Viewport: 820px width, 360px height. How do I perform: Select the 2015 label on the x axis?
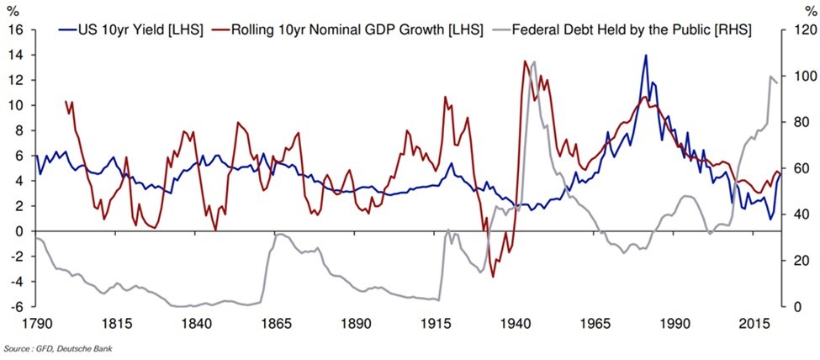click(x=755, y=323)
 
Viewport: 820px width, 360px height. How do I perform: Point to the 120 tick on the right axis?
click(x=802, y=29)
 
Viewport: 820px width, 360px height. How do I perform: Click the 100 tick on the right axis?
click(x=802, y=76)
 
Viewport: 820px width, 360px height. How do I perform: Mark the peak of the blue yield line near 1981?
click(x=645, y=56)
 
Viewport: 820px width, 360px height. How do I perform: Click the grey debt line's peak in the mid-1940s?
click(x=533, y=61)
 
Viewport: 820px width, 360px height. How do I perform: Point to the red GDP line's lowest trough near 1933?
click(x=493, y=277)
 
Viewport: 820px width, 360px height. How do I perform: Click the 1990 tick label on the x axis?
click(x=675, y=323)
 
